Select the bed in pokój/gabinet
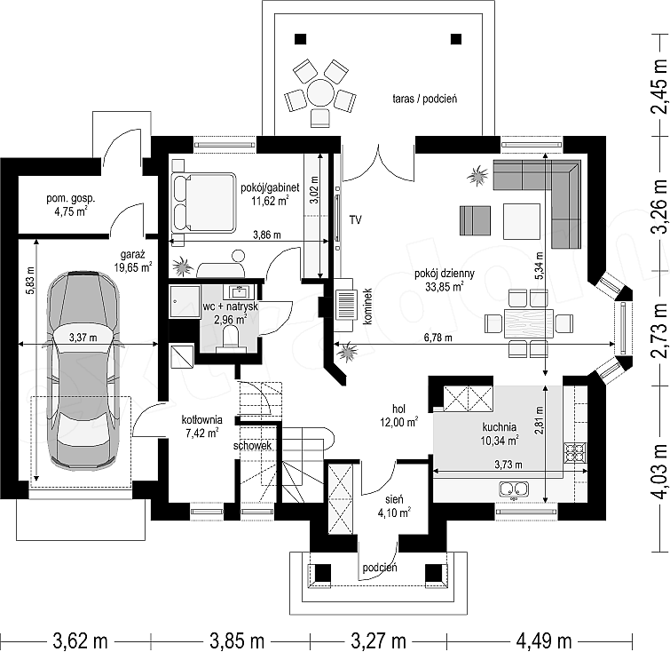(x=204, y=203)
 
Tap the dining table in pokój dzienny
(x=529, y=323)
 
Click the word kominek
(x=368, y=306)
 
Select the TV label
(x=356, y=220)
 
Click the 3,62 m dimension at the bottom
(x=80, y=640)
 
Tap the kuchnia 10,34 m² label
(x=500, y=433)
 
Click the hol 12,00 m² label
(x=398, y=416)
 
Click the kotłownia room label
(x=201, y=425)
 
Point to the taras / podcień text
(x=425, y=99)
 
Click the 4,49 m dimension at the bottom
(x=543, y=640)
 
